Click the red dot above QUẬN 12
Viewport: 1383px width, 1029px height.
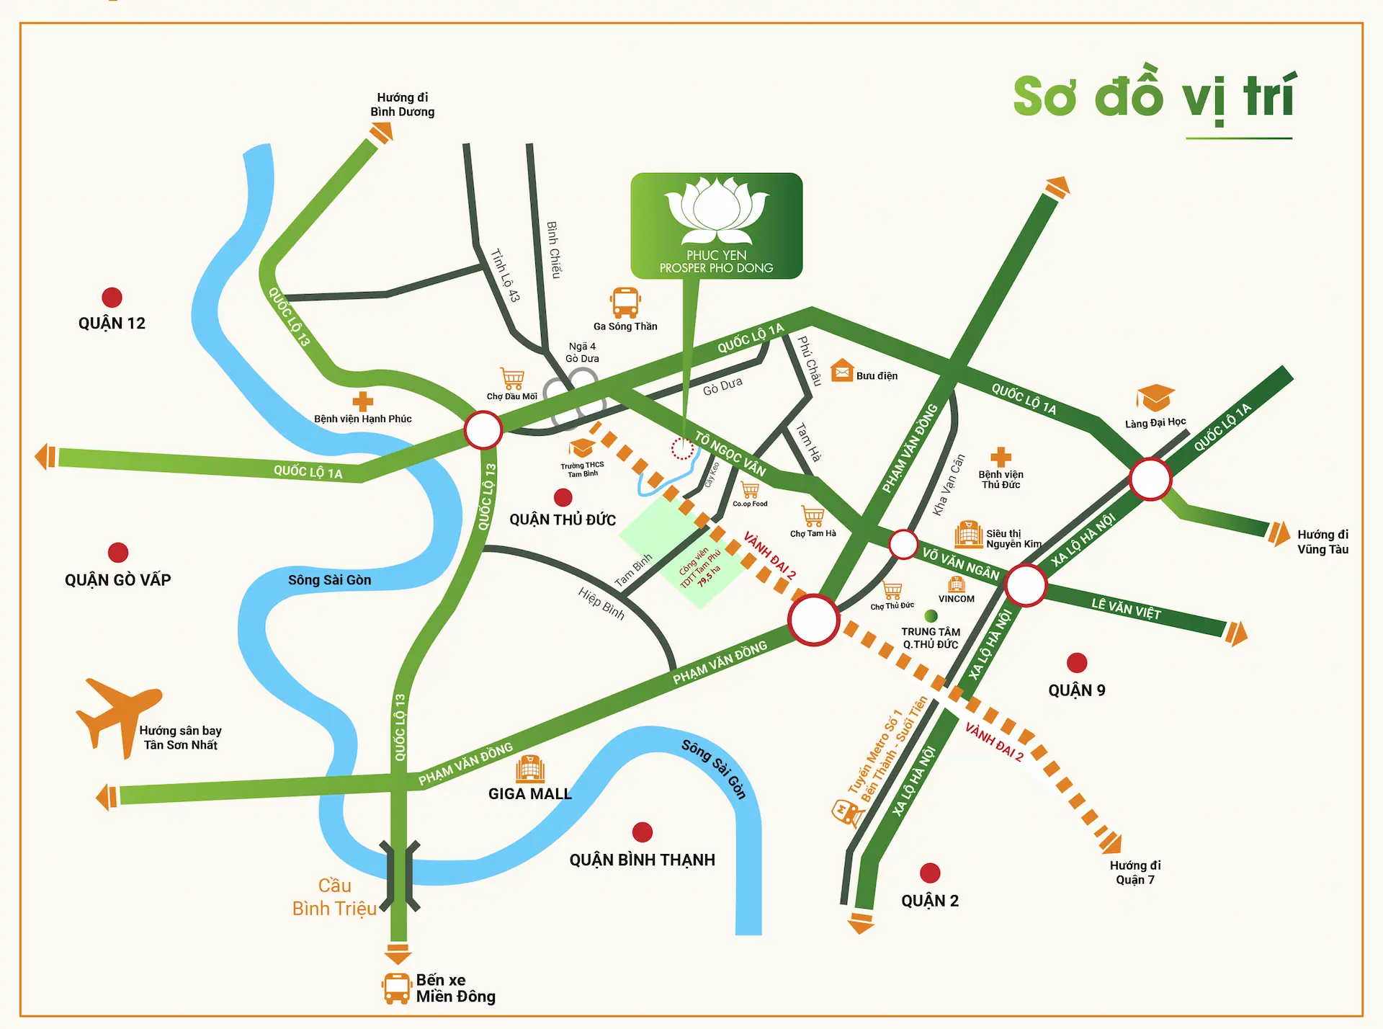coord(112,298)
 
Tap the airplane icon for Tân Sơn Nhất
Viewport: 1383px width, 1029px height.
coord(117,713)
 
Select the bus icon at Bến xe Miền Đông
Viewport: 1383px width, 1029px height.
coord(397,988)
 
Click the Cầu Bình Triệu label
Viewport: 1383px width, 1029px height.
coord(334,897)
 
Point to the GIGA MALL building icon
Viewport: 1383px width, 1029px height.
coord(530,770)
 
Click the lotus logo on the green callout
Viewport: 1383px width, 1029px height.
coord(717,209)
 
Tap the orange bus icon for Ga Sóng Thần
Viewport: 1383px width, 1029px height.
coord(625,303)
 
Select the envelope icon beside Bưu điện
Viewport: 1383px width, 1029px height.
coord(841,371)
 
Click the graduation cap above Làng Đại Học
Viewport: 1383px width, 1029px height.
coord(1155,398)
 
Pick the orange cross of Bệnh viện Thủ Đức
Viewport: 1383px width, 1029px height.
coord(1001,457)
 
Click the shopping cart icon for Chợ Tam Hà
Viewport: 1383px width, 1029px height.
coord(813,516)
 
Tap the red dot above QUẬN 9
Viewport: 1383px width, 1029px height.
coord(1077,663)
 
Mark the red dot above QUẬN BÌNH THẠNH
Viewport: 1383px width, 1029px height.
coord(642,832)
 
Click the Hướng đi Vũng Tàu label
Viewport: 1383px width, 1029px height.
coord(1322,542)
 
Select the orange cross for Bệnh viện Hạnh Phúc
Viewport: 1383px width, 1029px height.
coord(362,401)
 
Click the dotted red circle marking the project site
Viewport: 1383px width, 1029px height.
coord(682,449)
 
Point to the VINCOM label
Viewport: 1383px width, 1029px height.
coord(956,599)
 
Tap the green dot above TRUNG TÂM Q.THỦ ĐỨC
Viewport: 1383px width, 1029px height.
coord(931,616)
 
